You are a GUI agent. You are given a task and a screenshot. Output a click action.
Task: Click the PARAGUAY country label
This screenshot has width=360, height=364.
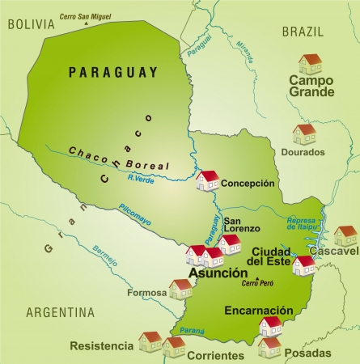(x=113, y=72)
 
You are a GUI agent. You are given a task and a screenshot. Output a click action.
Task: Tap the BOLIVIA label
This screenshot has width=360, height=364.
(x=31, y=24)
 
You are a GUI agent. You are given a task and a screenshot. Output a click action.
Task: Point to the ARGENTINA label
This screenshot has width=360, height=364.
(x=60, y=312)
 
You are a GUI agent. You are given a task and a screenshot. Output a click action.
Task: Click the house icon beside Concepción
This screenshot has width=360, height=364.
(x=208, y=180)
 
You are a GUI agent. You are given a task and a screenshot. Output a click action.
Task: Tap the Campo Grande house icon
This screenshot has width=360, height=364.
(x=310, y=64)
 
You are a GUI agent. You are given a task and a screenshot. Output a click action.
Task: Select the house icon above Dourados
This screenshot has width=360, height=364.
(x=305, y=133)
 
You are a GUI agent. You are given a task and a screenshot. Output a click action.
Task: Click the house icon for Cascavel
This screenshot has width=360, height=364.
(x=345, y=235)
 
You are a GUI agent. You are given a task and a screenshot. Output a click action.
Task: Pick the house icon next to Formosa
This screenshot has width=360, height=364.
(x=180, y=289)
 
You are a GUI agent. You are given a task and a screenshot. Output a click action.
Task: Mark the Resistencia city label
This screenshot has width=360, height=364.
(x=102, y=346)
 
